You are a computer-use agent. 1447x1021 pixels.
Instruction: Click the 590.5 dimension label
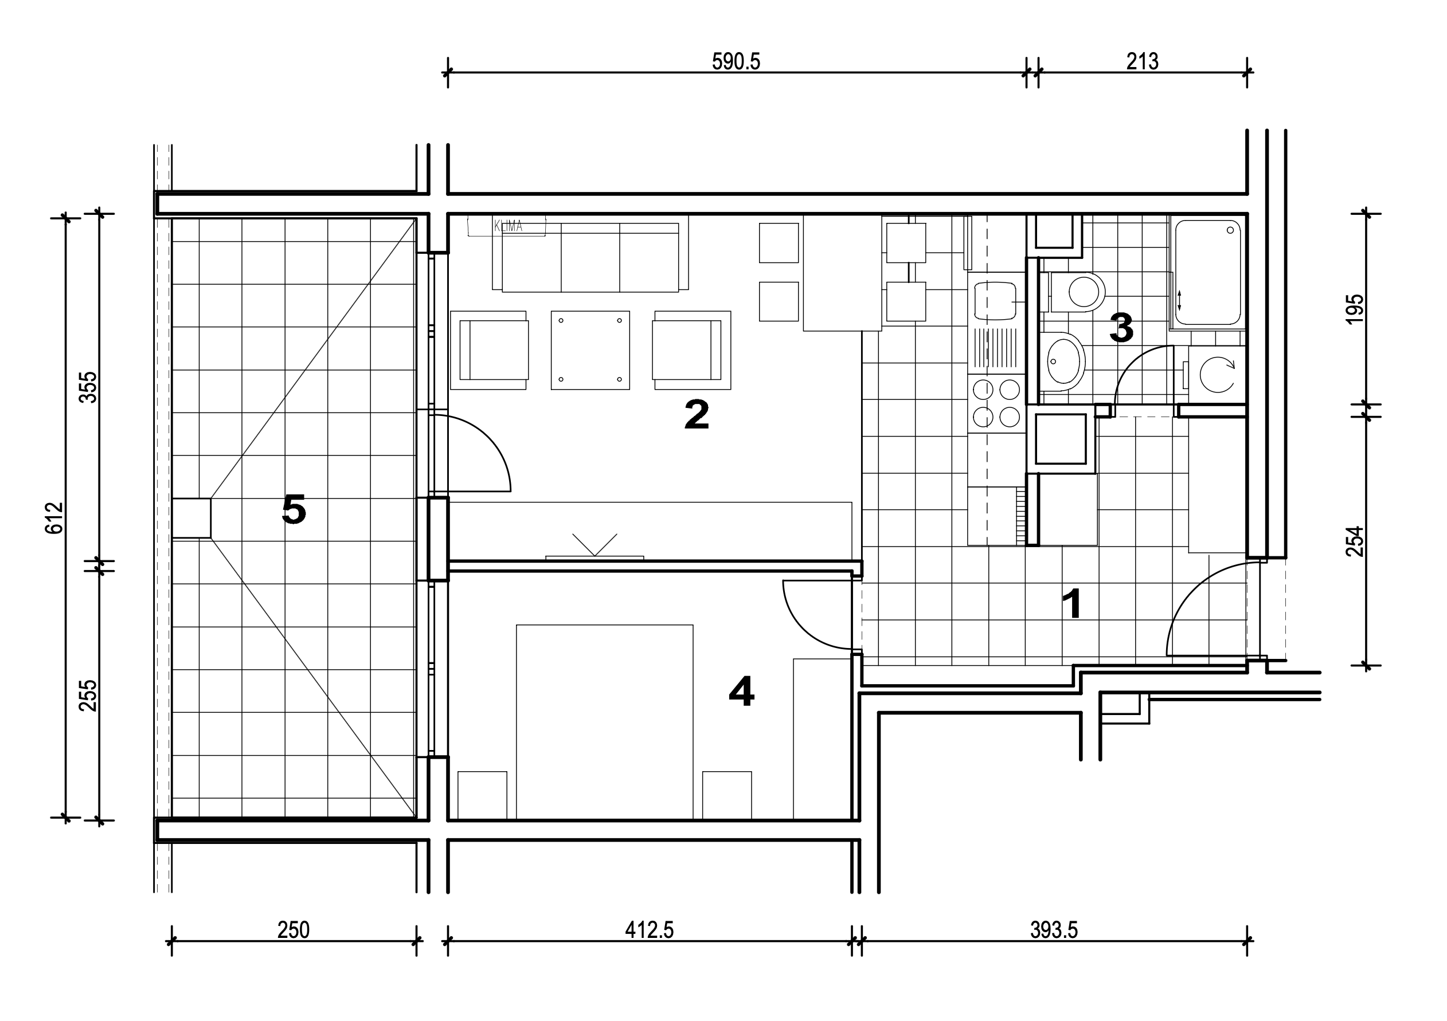pyautogui.click(x=736, y=62)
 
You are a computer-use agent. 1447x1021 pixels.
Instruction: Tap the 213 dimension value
pyautogui.click(x=1142, y=62)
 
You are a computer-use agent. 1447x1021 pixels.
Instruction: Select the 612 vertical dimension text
pyautogui.click(x=55, y=518)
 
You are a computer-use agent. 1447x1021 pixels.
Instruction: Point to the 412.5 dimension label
pyautogui.click(x=649, y=930)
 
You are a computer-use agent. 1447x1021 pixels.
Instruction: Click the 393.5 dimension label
pyautogui.click(x=1054, y=930)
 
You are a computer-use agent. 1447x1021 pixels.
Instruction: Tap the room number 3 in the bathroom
pyautogui.click(x=1121, y=328)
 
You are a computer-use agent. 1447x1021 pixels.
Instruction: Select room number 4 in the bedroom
pyautogui.click(x=741, y=691)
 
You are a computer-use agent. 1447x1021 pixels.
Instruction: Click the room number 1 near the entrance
pyautogui.click(x=1072, y=603)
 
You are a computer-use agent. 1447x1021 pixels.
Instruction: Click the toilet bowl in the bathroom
pyautogui.click(x=1078, y=292)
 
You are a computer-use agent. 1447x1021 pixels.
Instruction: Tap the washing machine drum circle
pyautogui.click(x=1217, y=375)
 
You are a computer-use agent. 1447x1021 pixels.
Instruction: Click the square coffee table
pyautogui.click(x=590, y=350)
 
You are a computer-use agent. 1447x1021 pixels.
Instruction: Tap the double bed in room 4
pyautogui.click(x=604, y=722)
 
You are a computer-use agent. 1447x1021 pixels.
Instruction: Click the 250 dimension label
pyautogui.click(x=293, y=930)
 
